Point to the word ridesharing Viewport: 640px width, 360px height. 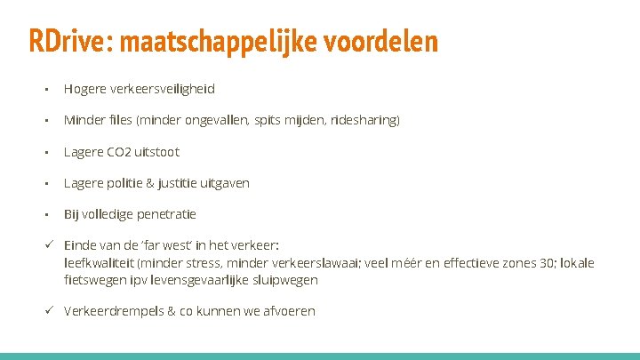coord(364,120)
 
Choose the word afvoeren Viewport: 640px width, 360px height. coord(288,311)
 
